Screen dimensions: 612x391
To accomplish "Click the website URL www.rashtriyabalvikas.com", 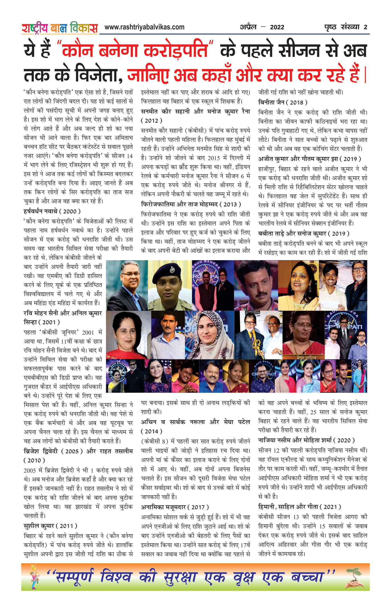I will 144,27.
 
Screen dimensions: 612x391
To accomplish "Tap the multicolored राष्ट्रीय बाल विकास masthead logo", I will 60,28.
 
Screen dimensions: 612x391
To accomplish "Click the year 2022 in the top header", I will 277,27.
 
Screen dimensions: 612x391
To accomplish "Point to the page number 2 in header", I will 365,27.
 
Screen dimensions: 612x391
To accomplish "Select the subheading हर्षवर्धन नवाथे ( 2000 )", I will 52,211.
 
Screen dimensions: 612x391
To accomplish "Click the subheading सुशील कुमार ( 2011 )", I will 50,526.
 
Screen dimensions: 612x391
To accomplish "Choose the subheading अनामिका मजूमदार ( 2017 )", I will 175,507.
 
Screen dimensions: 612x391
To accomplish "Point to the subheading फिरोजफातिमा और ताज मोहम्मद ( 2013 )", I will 191,204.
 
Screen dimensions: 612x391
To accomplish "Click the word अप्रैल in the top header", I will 248,27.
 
